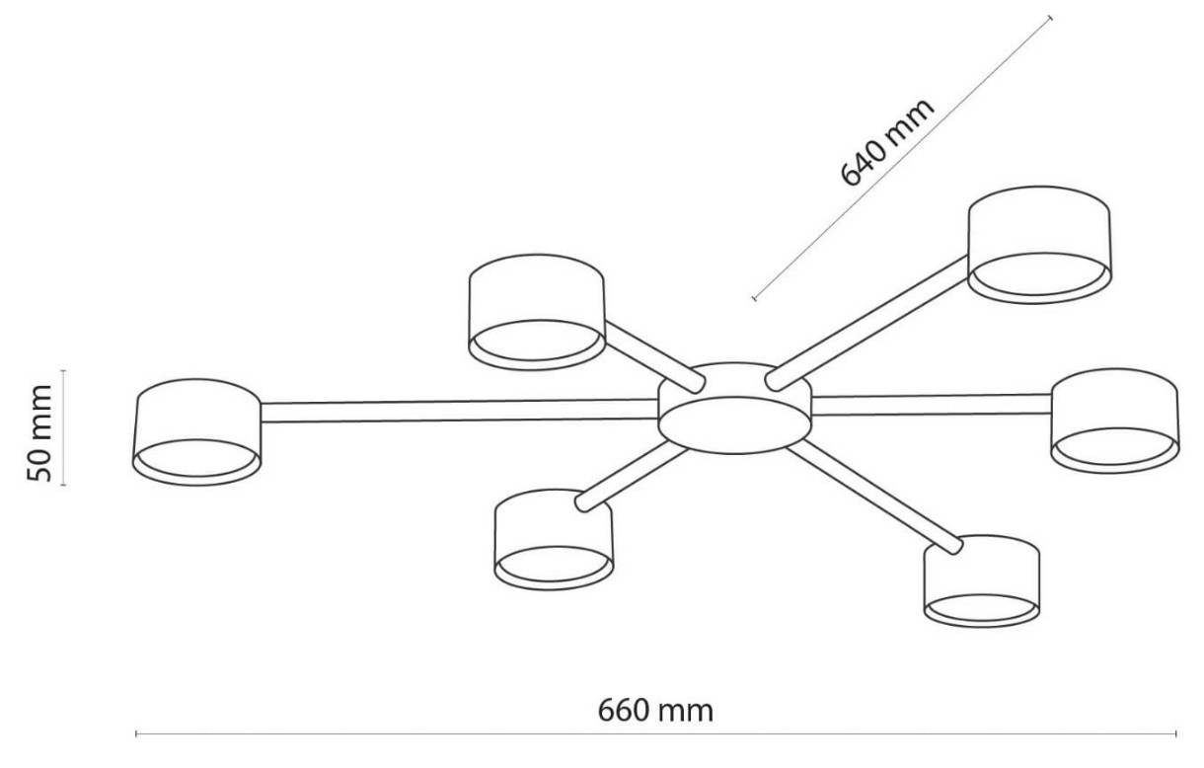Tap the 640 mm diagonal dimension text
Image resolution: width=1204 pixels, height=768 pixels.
coord(885,144)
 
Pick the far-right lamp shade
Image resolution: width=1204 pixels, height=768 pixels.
coord(1114,421)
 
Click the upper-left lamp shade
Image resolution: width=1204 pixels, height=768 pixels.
coord(536,312)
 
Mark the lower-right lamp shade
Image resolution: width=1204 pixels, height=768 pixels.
coord(981,582)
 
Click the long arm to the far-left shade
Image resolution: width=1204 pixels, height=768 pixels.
coord(459,411)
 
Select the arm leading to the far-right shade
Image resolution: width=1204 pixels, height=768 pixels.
coord(931,404)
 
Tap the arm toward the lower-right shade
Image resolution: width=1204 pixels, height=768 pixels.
coord(873,494)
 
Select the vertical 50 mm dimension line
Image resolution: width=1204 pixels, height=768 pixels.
coord(63,427)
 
